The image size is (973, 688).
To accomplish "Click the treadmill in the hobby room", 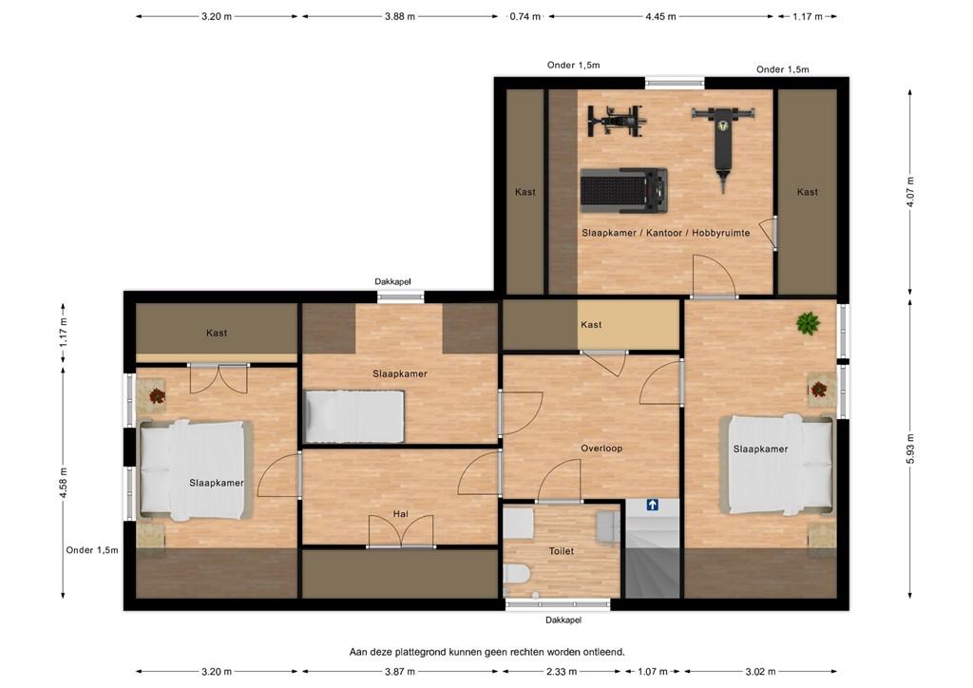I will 623,190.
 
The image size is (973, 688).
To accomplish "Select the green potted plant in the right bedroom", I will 808,323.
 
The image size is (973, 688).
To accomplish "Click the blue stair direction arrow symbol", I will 653,506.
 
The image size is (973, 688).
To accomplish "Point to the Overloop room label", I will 601,448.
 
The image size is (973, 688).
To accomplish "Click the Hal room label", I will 400,514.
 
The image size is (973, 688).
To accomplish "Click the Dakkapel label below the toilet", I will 563,620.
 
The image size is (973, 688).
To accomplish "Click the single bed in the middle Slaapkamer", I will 354,417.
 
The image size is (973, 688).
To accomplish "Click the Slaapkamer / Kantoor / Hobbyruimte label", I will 665,233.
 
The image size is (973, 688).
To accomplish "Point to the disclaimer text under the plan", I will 486,652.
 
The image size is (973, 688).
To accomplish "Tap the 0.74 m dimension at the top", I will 525,16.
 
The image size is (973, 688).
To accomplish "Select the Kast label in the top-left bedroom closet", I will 217,333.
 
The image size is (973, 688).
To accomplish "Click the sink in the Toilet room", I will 518,523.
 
